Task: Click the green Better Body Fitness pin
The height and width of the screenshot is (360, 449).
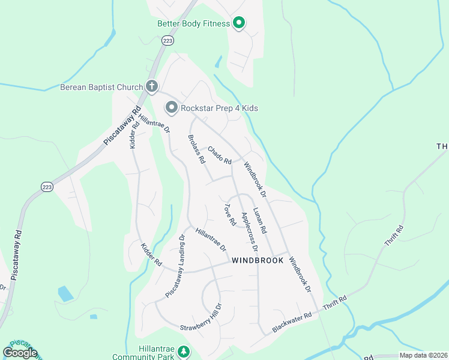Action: coord(238,23)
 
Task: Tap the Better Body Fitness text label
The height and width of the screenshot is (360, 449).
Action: coord(193,24)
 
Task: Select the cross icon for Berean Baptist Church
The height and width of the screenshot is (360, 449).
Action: coord(152,87)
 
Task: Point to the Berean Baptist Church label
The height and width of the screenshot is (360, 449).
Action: coord(101,87)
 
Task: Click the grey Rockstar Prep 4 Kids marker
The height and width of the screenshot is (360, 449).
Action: coord(172,108)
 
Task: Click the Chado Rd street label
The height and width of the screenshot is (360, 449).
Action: coord(220,155)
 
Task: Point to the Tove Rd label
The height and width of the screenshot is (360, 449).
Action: coord(230,215)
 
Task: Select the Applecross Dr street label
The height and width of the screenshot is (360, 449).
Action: coord(249,232)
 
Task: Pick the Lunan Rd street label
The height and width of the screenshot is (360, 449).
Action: coord(259,220)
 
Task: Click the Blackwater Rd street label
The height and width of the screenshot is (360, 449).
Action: coord(292,322)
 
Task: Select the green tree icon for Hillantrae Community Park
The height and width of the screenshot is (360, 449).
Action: coord(184,352)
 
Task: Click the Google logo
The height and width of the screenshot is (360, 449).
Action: coord(20,353)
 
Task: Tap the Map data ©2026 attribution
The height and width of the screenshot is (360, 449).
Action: coord(423,355)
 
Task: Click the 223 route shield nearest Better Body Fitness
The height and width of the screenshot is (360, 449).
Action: coord(168,41)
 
